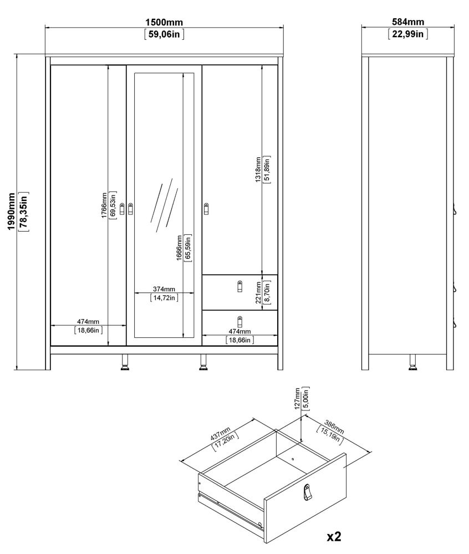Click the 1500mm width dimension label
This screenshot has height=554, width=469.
(x=164, y=22)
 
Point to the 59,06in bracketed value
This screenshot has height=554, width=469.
(x=164, y=34)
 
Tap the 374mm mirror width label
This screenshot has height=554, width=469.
(x=164, y=289)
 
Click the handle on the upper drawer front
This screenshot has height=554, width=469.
(x=239, y=286)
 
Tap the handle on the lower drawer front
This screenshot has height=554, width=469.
(x=239, y=321)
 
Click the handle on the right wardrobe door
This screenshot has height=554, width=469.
(x=207, y=208)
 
